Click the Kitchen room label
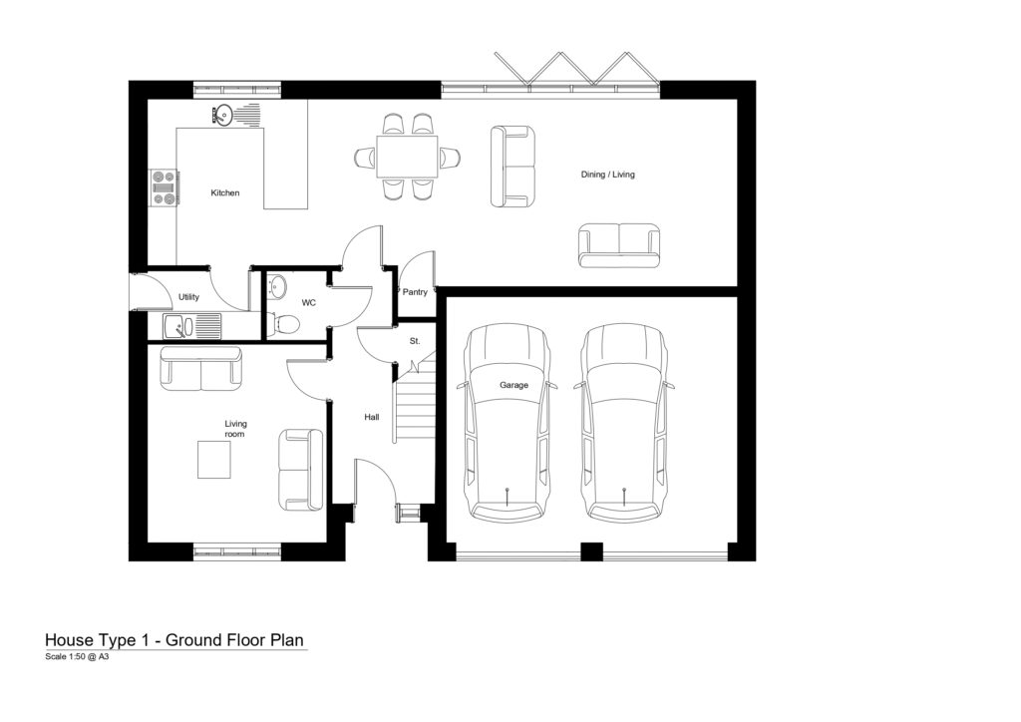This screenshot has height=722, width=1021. [224, 192]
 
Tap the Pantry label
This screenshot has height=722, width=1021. [415, 291]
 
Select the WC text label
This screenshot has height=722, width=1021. [309, 303]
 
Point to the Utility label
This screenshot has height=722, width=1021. [188, 297]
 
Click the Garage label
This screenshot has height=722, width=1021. [513, 385]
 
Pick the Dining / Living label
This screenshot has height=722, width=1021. [607, 175]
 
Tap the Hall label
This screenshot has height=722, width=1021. [372, 417]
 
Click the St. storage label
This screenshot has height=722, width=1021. [415, 341]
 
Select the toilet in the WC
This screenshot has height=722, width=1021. [283, 323]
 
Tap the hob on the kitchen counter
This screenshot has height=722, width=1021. [165, 188]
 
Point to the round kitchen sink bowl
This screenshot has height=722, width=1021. [222, 116]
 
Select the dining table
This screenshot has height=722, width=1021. [407, 157]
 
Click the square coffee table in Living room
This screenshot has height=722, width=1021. [214, 460]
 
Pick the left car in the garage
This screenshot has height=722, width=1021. [508, 423]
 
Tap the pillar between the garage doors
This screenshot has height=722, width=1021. [591, 552]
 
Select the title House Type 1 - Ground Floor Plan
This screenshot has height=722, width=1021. [174, 640]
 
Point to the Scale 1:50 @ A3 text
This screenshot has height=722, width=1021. [77, 657]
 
